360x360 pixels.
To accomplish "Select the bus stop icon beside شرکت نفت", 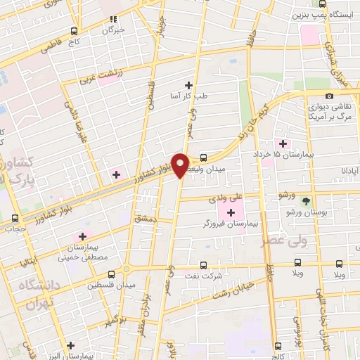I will tap(203, 266).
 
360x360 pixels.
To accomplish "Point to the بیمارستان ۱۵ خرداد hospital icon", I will tap(283, 143).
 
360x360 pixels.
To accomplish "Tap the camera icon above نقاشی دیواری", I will tap(329, 96).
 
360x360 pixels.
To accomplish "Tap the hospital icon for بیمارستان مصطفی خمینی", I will tap(83, 236).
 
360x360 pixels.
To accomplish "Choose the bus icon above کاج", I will tap(74, 31).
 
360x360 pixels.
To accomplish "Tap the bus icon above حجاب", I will tap(15, 218).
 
